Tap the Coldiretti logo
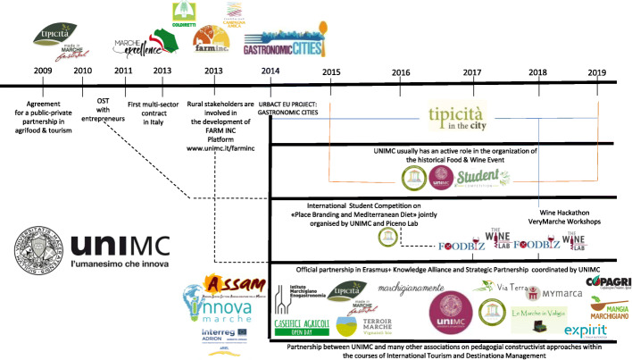[184, 13]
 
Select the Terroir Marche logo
[367, 326]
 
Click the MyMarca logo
[552, 290]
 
